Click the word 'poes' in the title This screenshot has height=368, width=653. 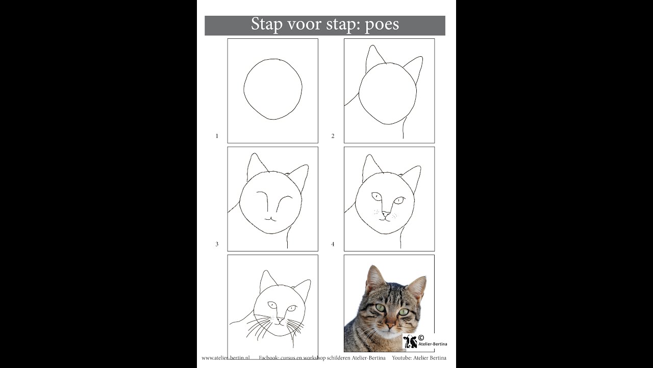[382, 25]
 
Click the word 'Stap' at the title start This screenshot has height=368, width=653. [267, 25]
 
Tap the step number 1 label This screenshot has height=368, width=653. [217, 136]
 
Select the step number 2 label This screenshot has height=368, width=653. [333, 136]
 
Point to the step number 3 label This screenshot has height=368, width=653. [217, 244]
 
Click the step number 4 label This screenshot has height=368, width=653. [333, 244]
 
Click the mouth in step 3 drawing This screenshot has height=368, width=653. [270, 218]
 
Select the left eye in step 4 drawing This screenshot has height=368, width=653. [376, 196]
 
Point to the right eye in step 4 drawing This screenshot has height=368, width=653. [399, 200]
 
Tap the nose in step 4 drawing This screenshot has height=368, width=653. [386, 214]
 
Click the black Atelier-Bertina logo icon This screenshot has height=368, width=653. [410, 341]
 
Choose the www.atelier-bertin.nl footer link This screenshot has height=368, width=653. [225, 358]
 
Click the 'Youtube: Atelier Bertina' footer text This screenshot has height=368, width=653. [419, 358]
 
